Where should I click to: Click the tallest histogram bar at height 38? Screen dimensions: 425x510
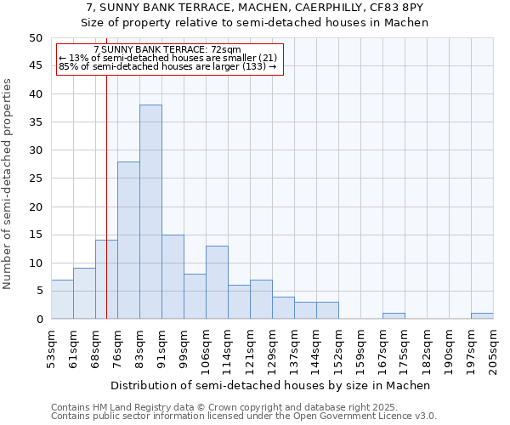(x=150, y=212)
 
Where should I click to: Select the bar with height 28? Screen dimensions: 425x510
(x=128, y=241)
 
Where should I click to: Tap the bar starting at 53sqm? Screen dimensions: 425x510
(x=62, y=299)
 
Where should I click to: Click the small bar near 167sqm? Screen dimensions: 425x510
(x=394, y=316)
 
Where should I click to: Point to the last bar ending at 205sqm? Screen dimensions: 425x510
(x=482, y=316)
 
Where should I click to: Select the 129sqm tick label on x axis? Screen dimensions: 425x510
(x=272, y=348)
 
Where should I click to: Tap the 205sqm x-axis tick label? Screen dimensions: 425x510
(x=493, y=348)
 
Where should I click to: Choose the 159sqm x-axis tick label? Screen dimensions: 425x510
(x=360, y=348)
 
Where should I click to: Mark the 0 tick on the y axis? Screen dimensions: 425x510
(x=38, y=320)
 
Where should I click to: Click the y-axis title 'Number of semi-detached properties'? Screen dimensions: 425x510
(x=8, y=184)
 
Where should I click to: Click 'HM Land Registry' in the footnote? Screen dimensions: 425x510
(x=140, y=408)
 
